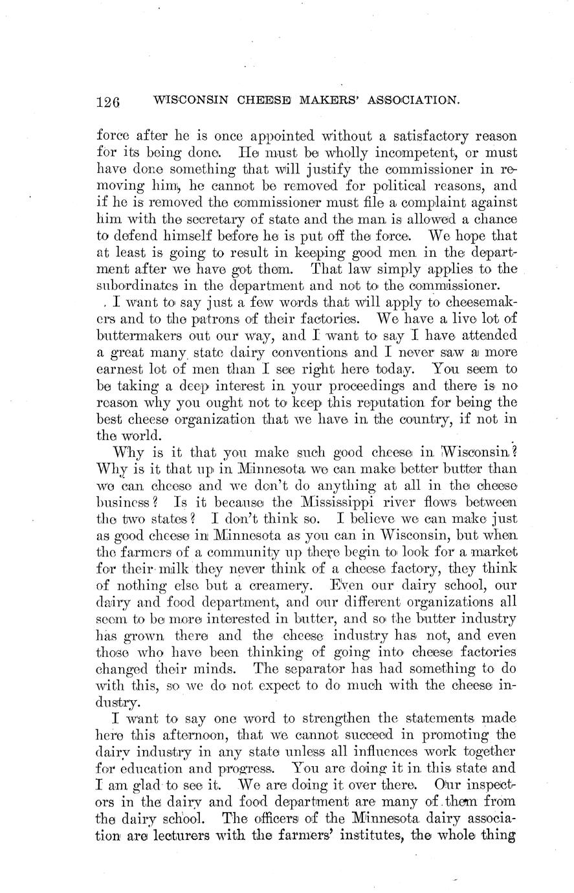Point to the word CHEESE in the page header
point(260,100)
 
